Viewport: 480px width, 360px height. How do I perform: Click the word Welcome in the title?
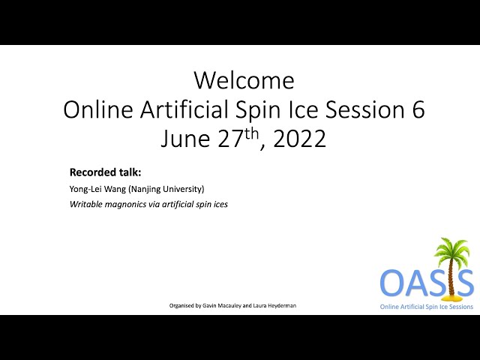pyautogui.click(x=244, y=80)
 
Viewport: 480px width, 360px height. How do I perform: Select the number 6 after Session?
pyautogui.click(x=418, y=109)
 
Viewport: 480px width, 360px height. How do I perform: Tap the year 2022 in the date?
pyautogui.click(x=299, y=139)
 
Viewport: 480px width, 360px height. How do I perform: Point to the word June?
pyautogui.click(x=185, y=139)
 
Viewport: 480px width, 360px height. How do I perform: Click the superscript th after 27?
pyautogui.click(x=252, y=133)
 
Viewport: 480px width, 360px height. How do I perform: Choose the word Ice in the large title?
pyautogui.click(x=303, y=109)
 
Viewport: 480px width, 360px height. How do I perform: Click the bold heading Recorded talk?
pyautogui.click(x=105, y=172)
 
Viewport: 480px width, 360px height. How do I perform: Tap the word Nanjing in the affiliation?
pyautogui.click(x=144, y=189)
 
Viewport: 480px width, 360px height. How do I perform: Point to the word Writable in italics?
pyautogui.click(x=86, y=204)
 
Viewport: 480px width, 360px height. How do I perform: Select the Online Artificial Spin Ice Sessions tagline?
pyautogui.click(x=427, y=307)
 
